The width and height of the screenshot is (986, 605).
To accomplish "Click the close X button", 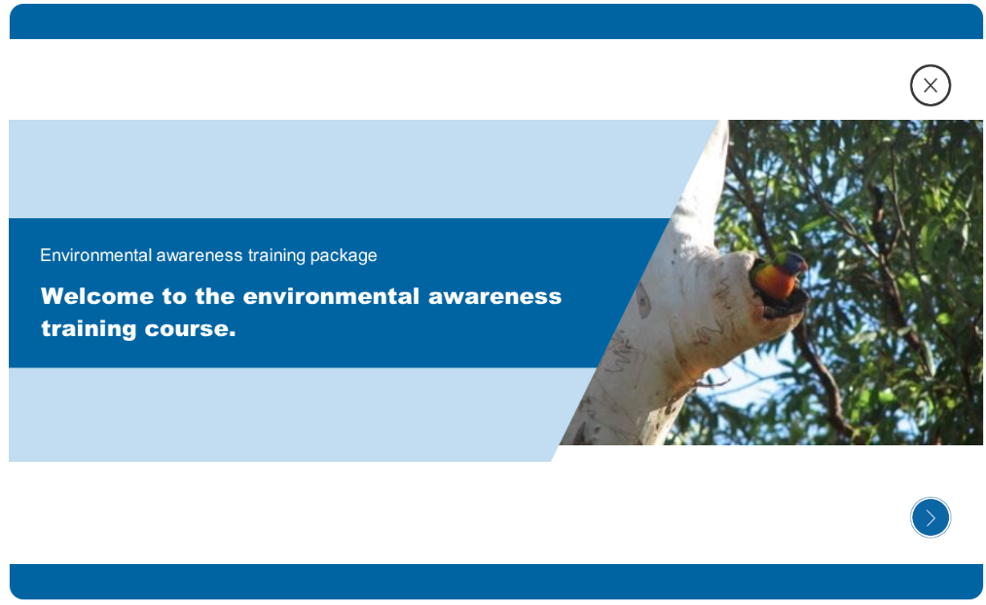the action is coord(931,85).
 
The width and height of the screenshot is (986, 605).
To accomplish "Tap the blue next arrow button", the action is coord(931,517).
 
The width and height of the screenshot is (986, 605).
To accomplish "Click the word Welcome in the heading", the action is coord(96,296).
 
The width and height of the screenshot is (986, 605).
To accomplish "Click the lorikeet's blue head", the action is coord(793,262).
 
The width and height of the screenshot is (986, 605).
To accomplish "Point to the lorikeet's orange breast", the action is coord(775,282).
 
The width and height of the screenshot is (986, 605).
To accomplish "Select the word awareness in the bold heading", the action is coord(494,296).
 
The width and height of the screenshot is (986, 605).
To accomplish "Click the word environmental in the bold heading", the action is coord(331,296).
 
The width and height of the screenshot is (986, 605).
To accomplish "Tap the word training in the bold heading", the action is coord(89,328).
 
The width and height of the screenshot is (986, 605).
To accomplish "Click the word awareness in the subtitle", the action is coord(200,255).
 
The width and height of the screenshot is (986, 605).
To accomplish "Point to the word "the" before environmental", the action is coord(214,296).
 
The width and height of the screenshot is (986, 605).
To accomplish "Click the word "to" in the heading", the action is coord(173,296).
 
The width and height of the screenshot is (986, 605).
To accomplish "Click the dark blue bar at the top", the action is coord(496,21).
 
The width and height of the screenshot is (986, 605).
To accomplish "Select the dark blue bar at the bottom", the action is coord(496,582).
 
